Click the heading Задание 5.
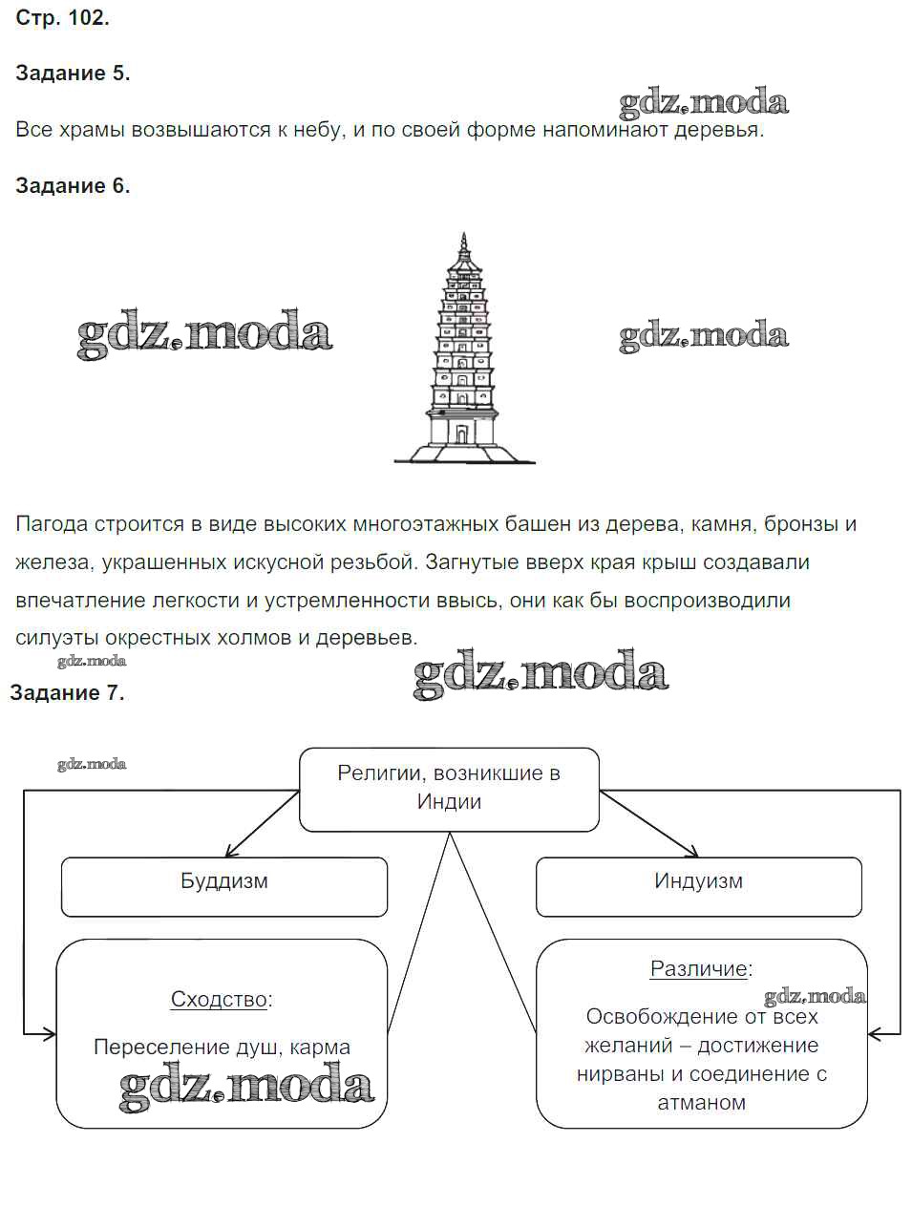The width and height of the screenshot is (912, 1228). tap(73, 74)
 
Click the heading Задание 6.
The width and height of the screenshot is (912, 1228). tap(73, 186)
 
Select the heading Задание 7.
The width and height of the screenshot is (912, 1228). tap(67, 693)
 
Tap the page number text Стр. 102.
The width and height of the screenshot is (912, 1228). tap(62, 18)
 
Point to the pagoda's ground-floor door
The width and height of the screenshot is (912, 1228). tap(462, 434)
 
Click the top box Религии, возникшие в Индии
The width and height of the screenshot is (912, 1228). tap(449, 788)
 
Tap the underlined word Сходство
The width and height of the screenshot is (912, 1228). tap(219, 1000)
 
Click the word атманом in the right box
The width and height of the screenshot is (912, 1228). tap(701, 1103)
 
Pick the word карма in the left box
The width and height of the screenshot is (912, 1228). tap(319, 1048)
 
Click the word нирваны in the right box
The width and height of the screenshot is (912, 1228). tap(620, 1074)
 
